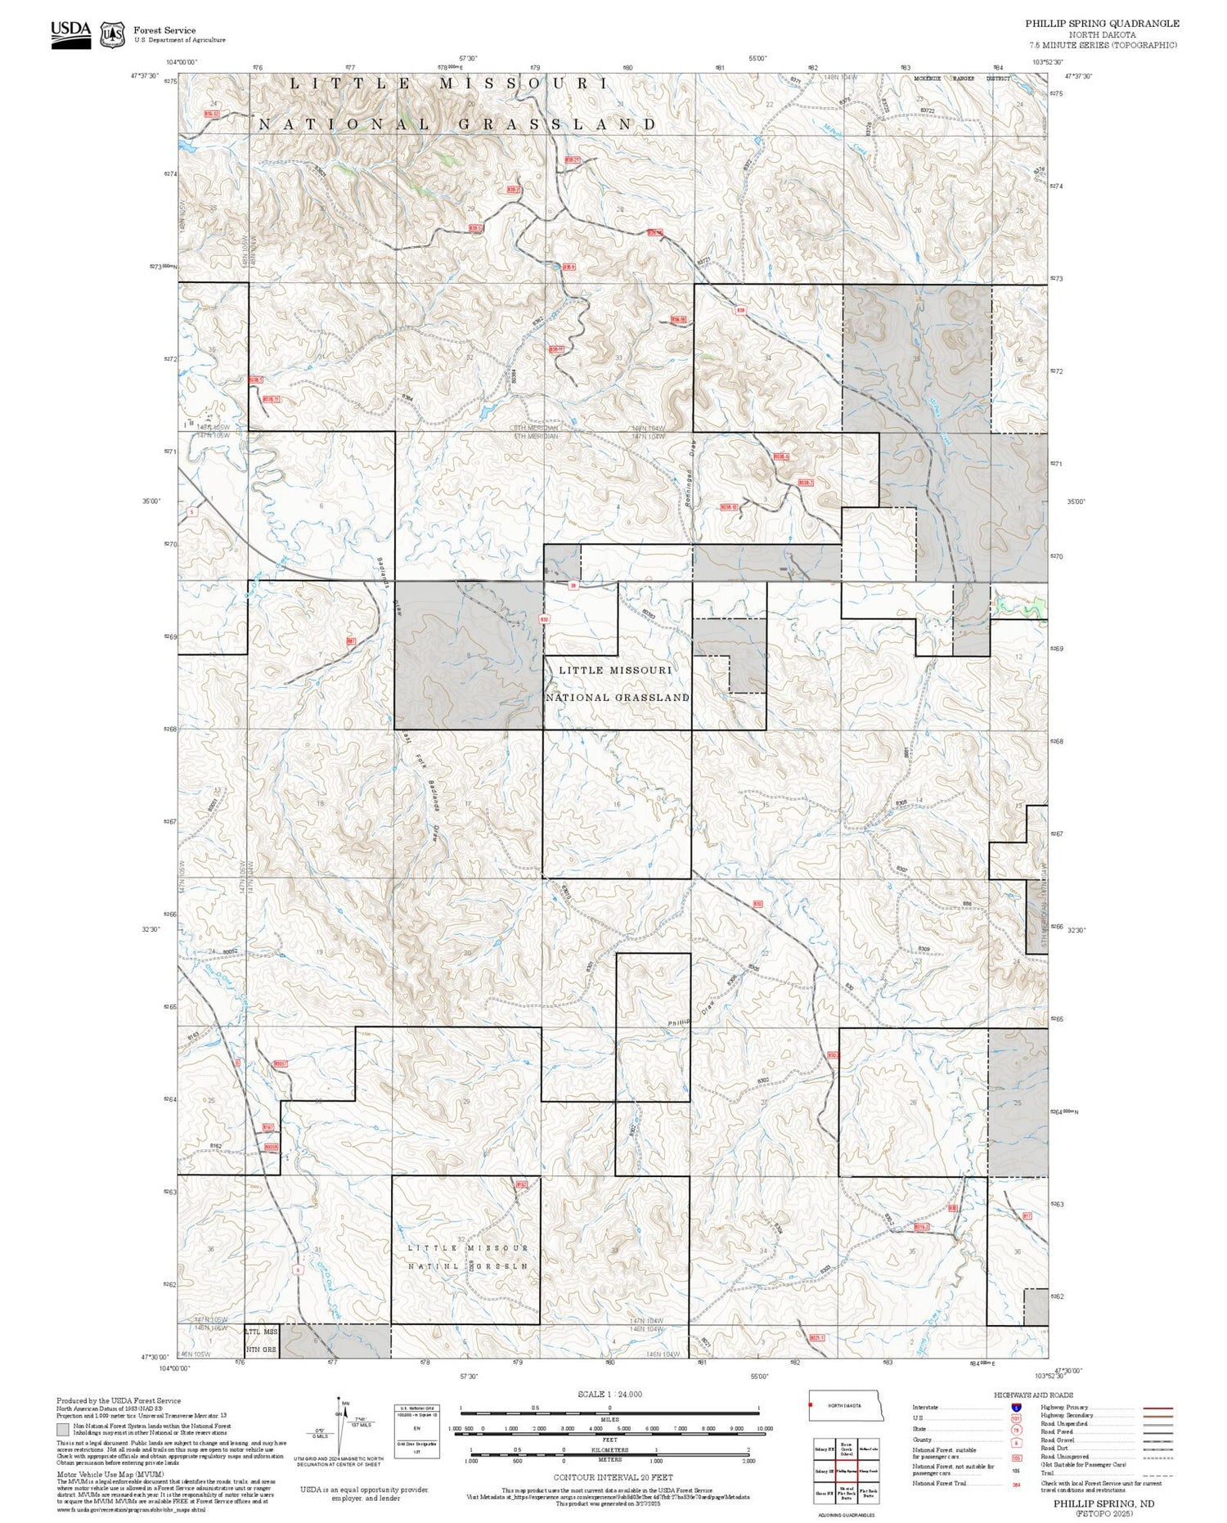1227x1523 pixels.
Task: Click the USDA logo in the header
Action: point(70,34)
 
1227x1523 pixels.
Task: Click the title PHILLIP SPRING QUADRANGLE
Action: point(1102,24)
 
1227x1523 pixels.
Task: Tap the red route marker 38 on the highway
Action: point(573,585)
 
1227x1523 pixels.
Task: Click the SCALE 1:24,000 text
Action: point(609,1394)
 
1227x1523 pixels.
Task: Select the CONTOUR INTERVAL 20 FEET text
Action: point(613,1477)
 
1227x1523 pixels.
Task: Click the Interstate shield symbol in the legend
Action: point(1015,1407)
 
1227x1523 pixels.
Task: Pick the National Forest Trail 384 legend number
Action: point(1016,1484)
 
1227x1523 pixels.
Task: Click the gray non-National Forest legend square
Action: point(63,1430)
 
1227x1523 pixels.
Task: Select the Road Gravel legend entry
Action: point(1058,1440)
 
